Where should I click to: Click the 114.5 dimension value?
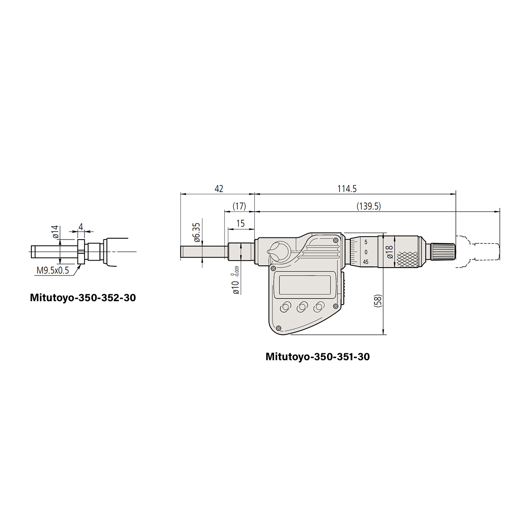[347, 189]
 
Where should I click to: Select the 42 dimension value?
[219, 189]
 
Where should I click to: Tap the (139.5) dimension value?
[369, 206]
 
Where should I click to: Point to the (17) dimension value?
[239, 206]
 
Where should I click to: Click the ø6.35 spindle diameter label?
[196, 232]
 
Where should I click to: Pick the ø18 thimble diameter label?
[390, 252]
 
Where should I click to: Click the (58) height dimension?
[377, 301]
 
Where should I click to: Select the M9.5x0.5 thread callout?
[53, 270]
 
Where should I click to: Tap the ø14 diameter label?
[55, 232]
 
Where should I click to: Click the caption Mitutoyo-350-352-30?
[83, 298]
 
